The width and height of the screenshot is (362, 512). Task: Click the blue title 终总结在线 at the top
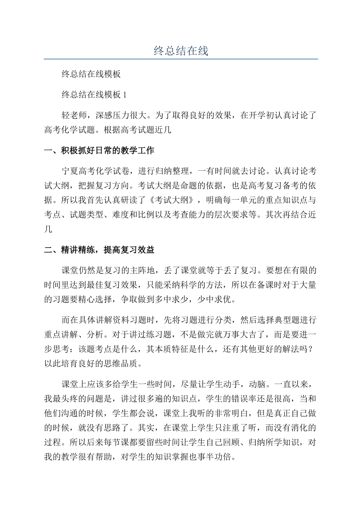coord(181,50)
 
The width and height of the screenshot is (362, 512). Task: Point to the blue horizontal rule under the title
coord(181,59)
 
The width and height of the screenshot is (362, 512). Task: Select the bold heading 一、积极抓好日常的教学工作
coord(99,150)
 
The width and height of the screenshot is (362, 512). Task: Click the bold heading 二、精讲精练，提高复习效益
coord(99,250)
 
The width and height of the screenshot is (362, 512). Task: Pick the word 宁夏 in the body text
coord(70,171)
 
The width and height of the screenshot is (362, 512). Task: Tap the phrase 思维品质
coord(122,363)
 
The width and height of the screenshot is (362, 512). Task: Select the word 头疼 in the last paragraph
coord(70,399)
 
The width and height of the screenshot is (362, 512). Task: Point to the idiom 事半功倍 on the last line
coord(215,456)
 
